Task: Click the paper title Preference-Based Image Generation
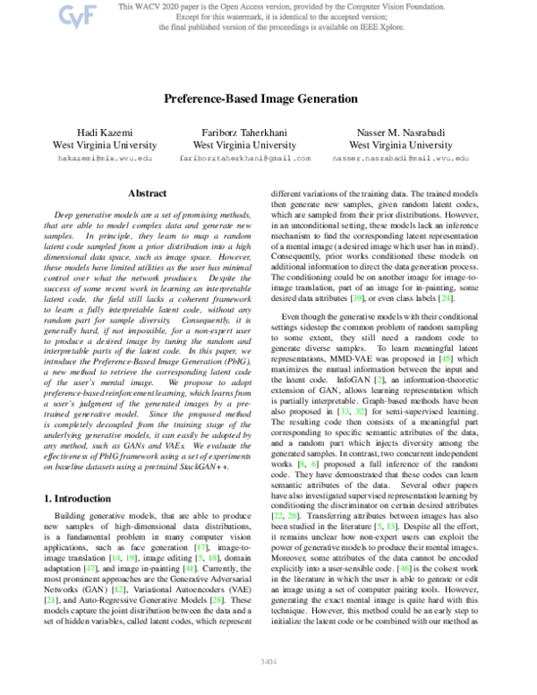[x=268, y=103]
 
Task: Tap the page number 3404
[x=268, y=685]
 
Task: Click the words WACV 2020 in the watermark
[x=158, y=6]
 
